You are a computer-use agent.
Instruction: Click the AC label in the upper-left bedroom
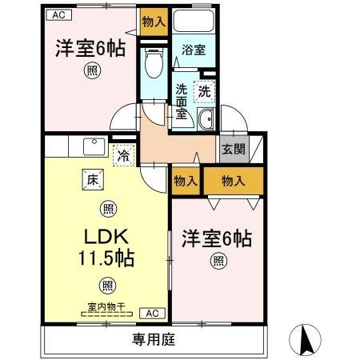pos(58,14)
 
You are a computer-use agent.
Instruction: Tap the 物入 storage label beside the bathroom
pos(154,22)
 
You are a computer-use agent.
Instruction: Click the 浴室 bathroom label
pos(193,50)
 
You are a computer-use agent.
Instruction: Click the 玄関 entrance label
pos(234,148)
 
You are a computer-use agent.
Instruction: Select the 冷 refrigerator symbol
pos(124,155)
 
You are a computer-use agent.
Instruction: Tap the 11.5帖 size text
pos(106,258)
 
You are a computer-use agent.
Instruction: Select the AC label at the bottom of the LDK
pos(153,313)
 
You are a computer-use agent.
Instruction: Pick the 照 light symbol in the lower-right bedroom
pos(218,260)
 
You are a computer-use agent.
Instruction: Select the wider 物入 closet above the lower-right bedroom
pos(233,180)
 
